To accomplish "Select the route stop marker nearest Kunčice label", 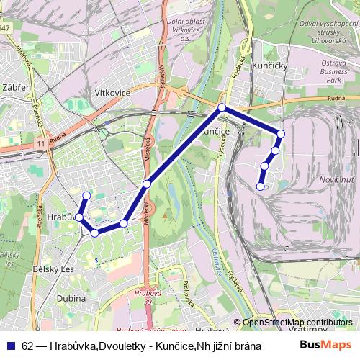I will coord(222,108).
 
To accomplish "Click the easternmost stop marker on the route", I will coord(281,133).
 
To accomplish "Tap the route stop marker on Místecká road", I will coord(147,184).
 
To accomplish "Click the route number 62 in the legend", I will coord(27,346).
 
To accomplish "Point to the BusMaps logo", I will coord(325,345).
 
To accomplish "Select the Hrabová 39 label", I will coord(148,297).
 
